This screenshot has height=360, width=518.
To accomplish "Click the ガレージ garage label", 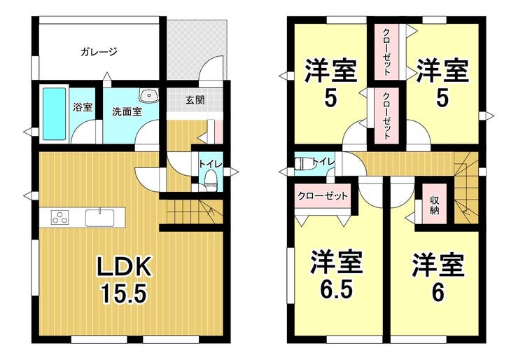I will pyautogui.click(x=98, y=51).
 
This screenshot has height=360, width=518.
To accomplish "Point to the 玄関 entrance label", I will pyautogui.click(x=195, y=100).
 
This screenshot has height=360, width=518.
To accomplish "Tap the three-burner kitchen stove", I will pyautogui.click(x=59, y=218).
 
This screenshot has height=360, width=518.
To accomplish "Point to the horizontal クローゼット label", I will pyautogui.click(x=322, y=195).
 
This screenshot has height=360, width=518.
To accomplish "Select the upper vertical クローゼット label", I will pyautogui.click(x=386, y=51).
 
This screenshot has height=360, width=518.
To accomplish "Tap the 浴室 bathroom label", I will pyautogui.click(x=83, y=107).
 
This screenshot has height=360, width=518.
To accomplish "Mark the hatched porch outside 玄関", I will pyautogui.click(x=199, y=50).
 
